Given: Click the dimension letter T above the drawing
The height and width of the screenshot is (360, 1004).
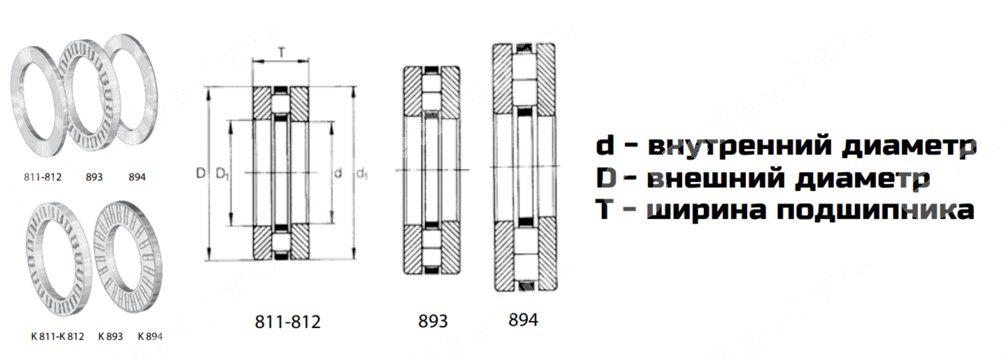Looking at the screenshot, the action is [281, 52].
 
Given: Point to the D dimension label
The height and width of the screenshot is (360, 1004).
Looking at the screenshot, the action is [201, 173].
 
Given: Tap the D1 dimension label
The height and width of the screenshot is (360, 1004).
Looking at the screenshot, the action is [222, 173].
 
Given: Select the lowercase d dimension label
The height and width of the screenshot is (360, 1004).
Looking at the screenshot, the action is [338, 173].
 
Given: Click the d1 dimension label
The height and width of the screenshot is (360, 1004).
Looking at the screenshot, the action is [361, 173].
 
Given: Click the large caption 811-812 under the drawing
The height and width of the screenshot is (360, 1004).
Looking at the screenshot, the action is [288, 322].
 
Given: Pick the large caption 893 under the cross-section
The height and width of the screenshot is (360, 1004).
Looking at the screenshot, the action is [433, 321].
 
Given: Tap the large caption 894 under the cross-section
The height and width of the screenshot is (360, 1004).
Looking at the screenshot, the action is [523, 319].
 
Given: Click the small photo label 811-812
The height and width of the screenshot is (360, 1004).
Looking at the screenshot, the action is [43, 177].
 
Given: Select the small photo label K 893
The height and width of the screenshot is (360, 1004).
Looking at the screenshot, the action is [110, 336].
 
